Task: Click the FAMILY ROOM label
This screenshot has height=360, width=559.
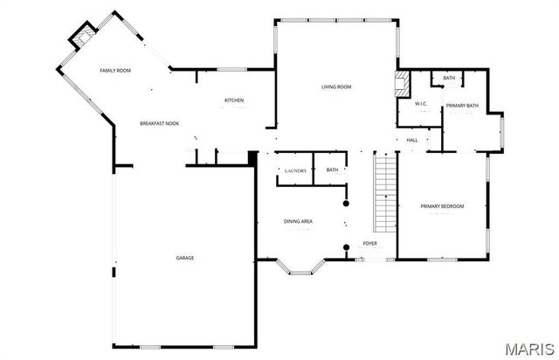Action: point(114,70)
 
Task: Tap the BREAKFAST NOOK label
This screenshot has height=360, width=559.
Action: point(159,123)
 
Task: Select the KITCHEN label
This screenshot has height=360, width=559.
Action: point(234,100)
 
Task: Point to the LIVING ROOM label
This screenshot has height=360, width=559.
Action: point(336,86)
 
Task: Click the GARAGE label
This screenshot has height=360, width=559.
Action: point(185,258)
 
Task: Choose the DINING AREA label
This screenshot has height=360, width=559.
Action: point(298,221)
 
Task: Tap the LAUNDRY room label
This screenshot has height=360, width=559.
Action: point(294,170)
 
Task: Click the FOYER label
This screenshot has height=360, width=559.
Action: point(370,244)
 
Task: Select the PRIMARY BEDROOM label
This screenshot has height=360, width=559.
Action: point(442,206)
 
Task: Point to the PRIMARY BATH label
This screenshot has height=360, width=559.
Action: point(462,106)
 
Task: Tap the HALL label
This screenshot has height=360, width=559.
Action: point(412,140)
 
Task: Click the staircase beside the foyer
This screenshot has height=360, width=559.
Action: point(384,191)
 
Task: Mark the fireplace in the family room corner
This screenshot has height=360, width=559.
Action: point(83,38)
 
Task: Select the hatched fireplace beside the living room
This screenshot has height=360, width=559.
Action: point(403,85)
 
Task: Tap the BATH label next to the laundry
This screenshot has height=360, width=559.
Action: point(332,170)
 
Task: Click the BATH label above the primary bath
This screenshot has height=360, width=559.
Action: point(448,79)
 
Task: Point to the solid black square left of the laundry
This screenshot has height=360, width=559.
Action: point(252,157)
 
